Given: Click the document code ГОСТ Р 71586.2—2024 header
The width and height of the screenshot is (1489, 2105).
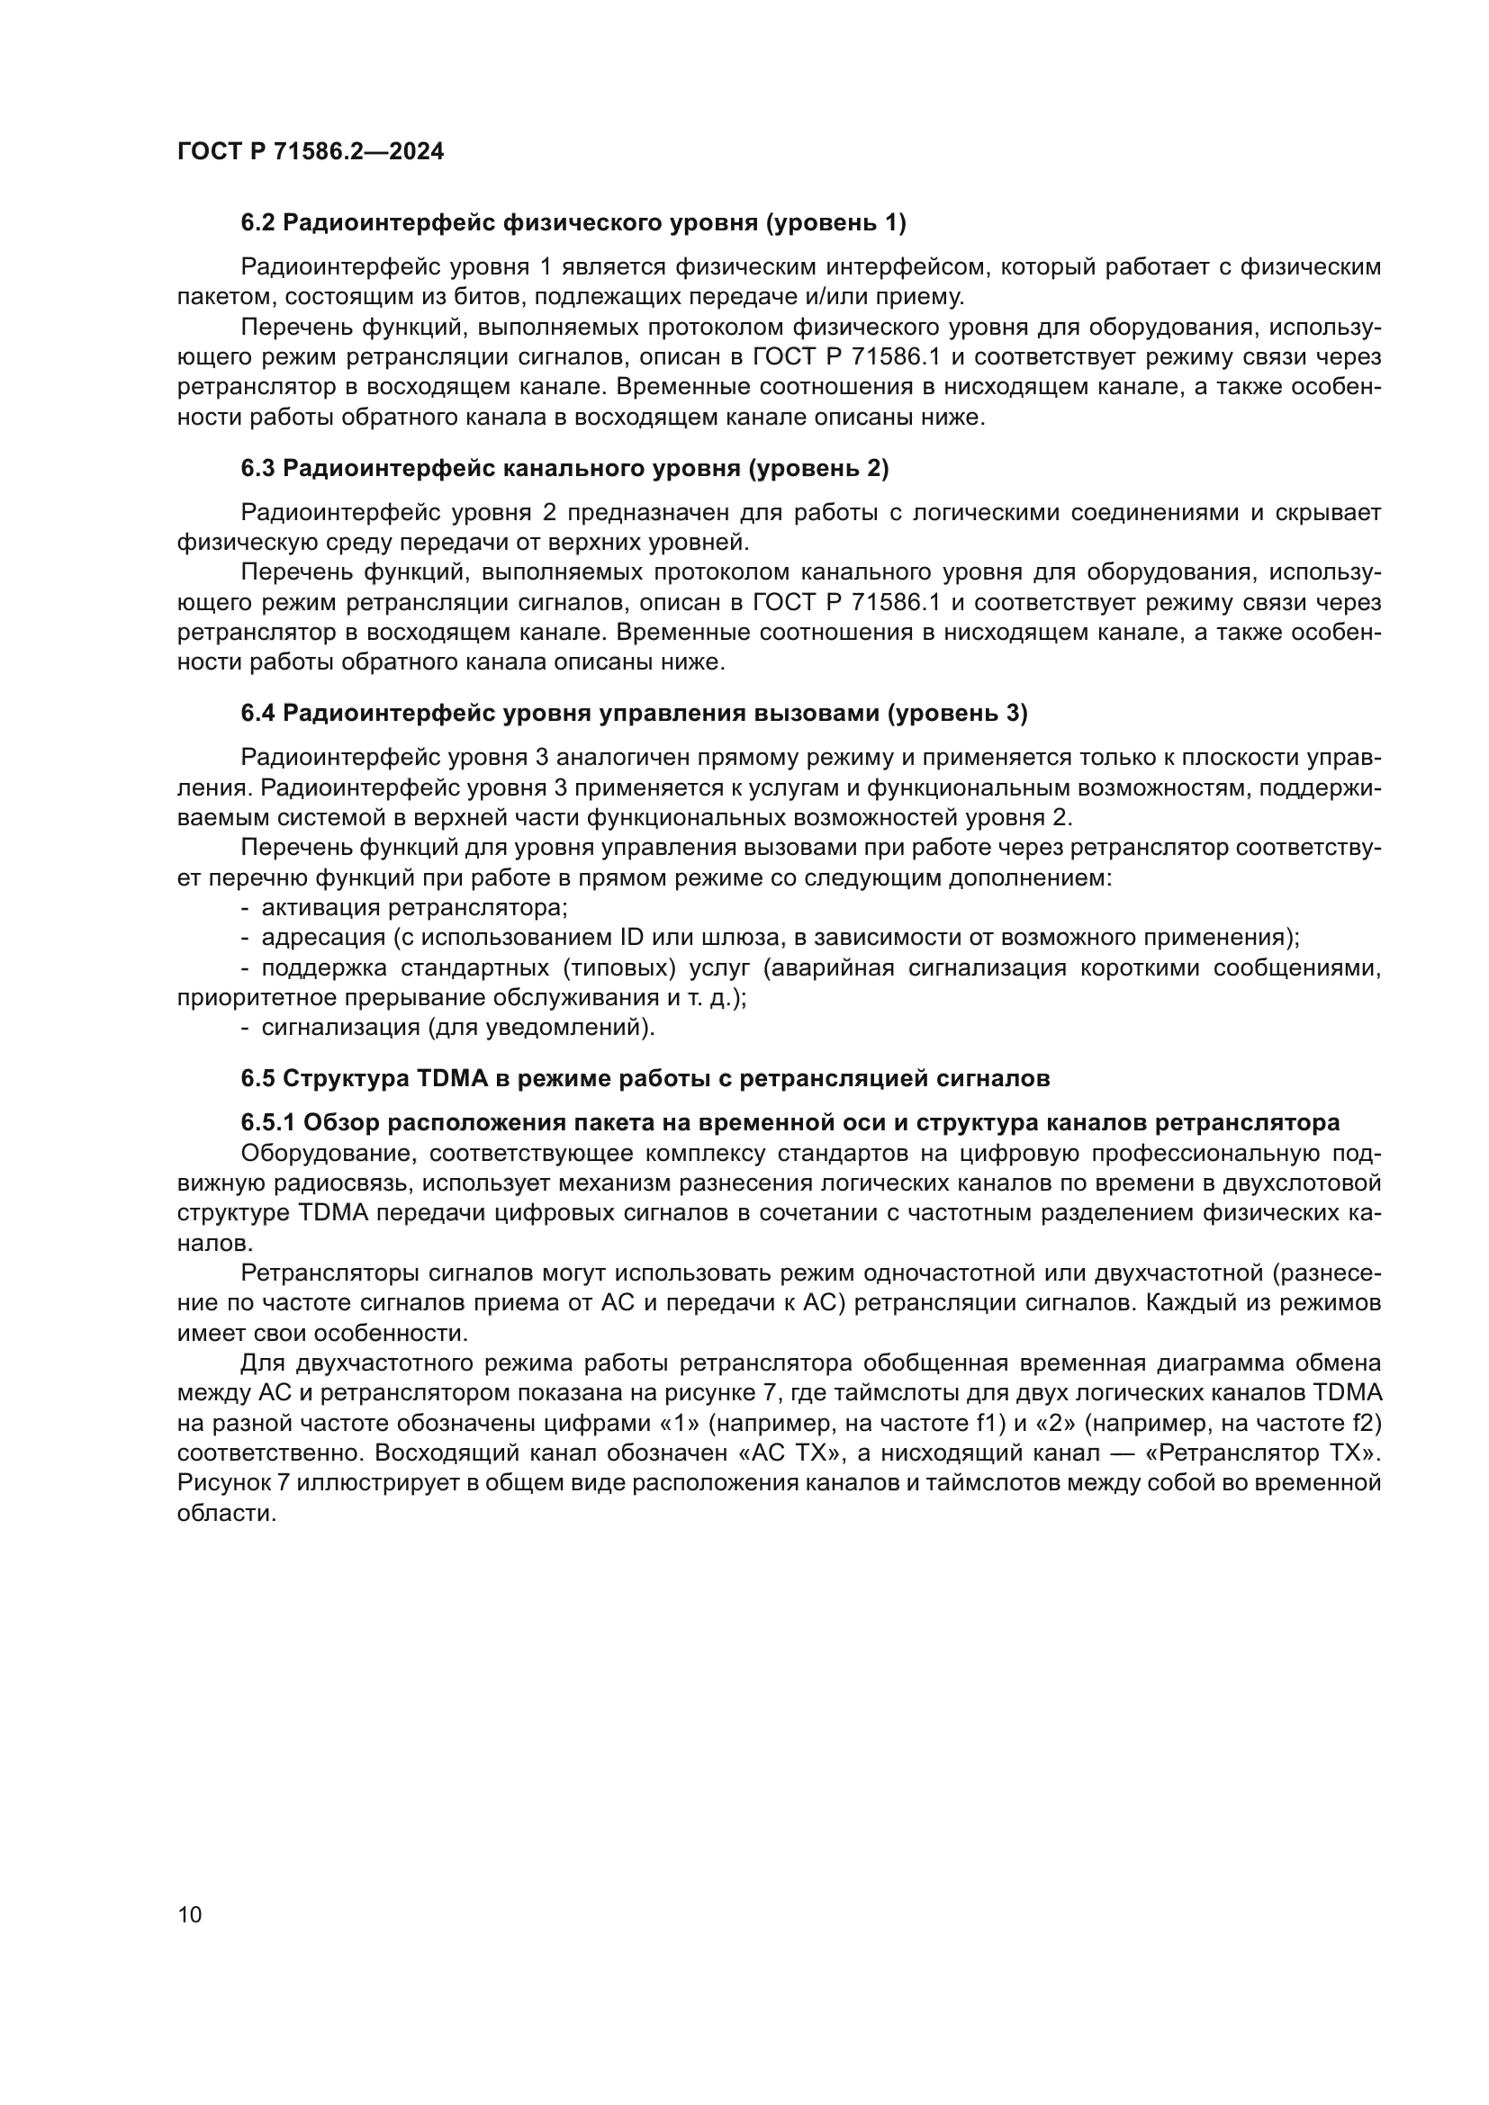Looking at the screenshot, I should pyautogui.click(x=310, y=151).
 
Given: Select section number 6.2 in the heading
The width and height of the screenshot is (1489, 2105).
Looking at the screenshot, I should pyautogui.click(x=257, y=222).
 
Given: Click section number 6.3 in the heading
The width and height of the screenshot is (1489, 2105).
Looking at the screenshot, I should pyautogui.click(x=257, y=469).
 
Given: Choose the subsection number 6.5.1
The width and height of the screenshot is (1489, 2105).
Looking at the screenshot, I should pyautogui.click(x=267, y=1122).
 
